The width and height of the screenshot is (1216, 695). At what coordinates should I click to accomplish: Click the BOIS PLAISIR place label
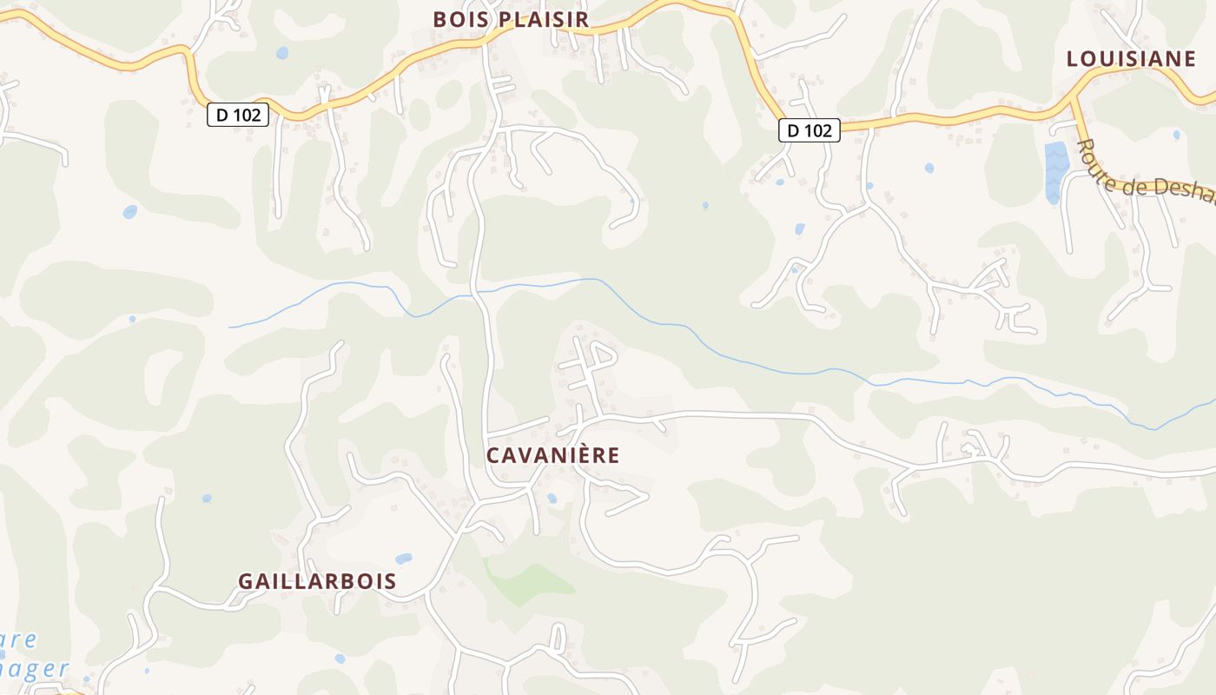pos(511,19)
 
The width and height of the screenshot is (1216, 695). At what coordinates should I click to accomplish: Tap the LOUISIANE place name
pos(1131,59)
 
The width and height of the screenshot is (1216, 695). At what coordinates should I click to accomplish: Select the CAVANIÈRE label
pos(553,455)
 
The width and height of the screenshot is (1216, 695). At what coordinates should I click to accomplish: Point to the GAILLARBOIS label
pos(317,582)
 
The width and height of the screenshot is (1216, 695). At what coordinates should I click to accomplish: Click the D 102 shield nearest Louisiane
pos(809,130)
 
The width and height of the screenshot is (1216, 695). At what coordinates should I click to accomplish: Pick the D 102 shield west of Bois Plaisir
pos(237,114)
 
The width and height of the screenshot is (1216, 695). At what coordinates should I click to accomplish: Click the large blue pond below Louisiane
pos(1056,169)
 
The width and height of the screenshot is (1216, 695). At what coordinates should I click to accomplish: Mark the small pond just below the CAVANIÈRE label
pos(552,499)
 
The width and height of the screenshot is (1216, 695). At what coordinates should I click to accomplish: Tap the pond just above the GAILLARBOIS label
pos(403,559)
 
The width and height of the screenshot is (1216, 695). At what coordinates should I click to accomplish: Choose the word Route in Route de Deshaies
pos(1100,156)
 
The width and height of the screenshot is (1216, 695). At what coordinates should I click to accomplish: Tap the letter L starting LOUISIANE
pos(1073,59)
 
